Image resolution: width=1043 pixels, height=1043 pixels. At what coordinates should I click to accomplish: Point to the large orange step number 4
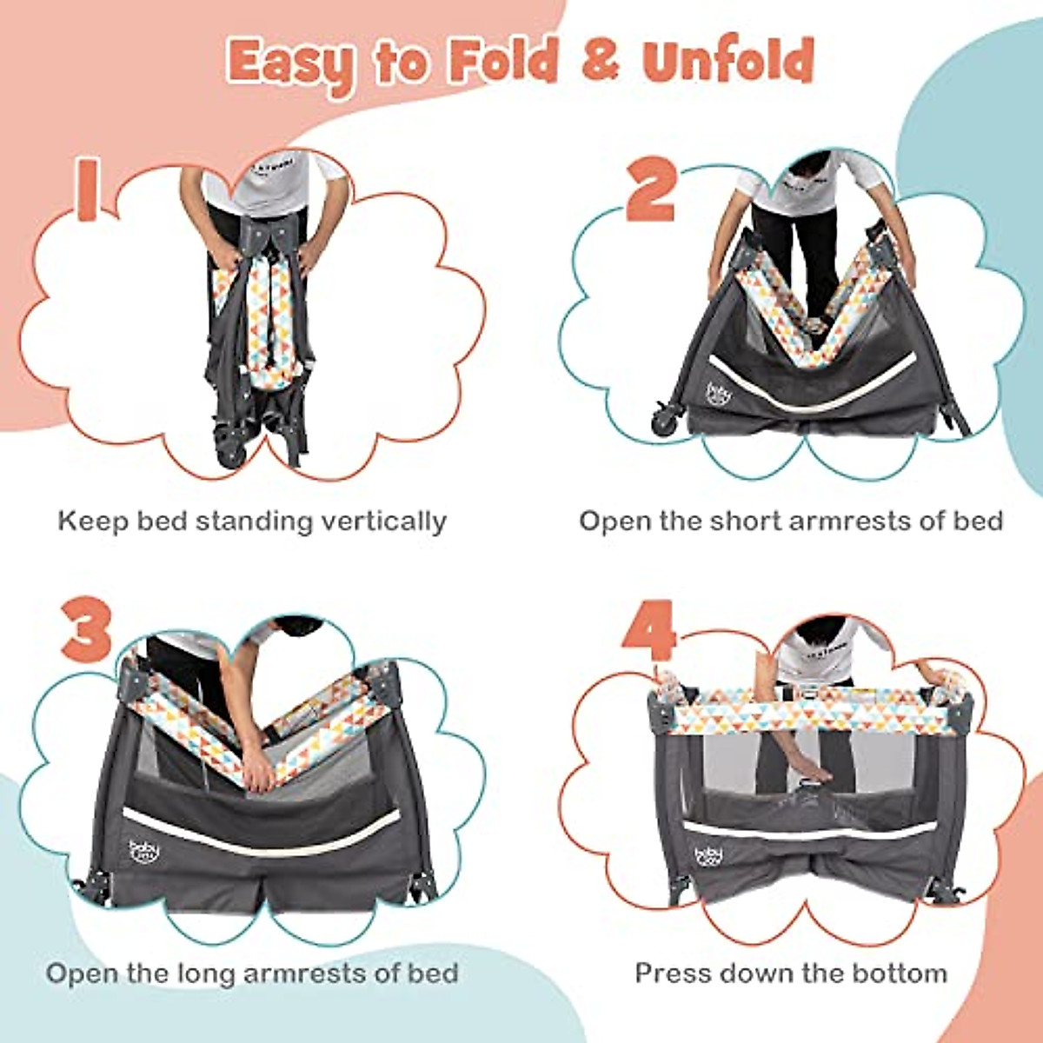tap(648, 628)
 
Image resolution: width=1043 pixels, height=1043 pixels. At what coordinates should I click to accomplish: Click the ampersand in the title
tap(595, 63)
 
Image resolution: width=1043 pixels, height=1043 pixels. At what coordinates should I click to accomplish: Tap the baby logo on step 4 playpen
tap(708, 859)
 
